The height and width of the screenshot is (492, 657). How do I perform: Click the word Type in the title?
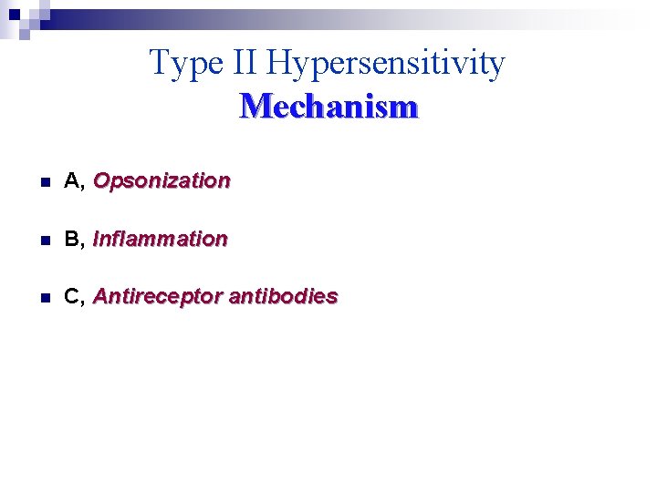[x=182, y=64]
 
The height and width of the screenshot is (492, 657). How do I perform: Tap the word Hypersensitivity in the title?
[x=386, y=64]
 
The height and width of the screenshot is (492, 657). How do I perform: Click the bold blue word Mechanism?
[x=328, y=107]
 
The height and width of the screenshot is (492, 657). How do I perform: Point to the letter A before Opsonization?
[x=71, y=180]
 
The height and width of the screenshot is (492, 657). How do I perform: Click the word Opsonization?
[x=162, y=180]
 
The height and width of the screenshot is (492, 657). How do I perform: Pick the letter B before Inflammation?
[x=71, y=239]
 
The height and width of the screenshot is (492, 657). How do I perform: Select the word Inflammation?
[x=160, y=239]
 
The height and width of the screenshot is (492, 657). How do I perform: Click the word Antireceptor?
[x=157, y=297]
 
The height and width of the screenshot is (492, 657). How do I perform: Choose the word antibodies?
[x=283, y=297]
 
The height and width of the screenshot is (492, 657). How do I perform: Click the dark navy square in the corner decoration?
[x=14, y=13]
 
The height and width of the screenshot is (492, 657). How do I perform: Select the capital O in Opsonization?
[x=101, y=180]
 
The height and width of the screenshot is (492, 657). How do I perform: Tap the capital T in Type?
[x=159, y=63]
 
